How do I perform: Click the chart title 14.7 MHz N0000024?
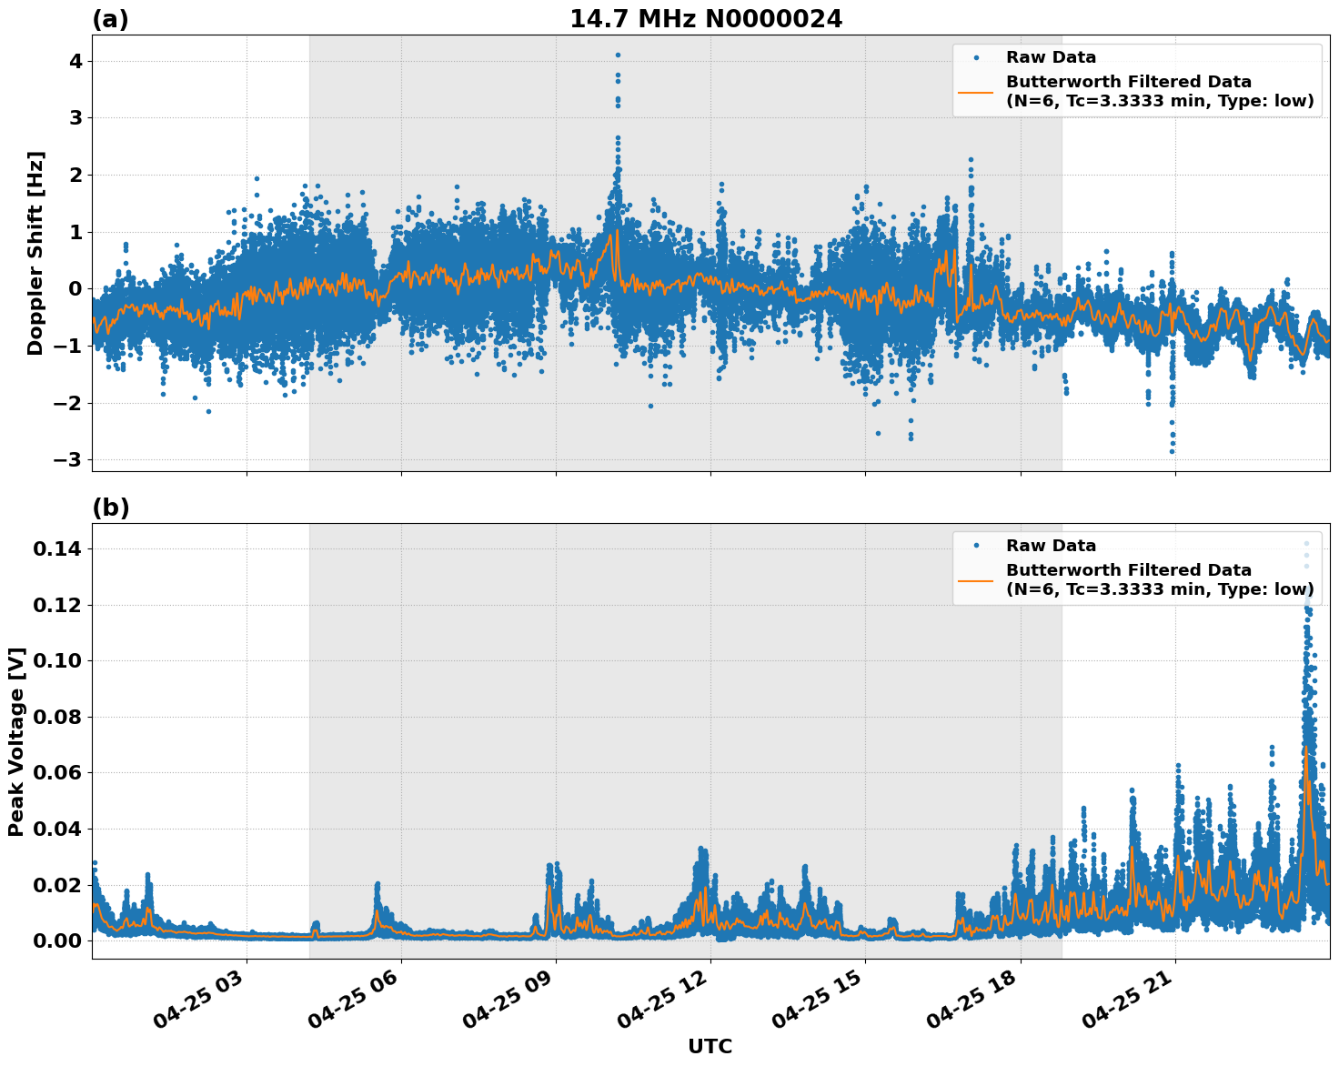coord(706,19)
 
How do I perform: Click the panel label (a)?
coord(110,19)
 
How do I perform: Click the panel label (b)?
coord(110,508)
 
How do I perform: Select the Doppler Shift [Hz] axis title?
coord(35,253)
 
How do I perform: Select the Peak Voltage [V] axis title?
coord(16,741)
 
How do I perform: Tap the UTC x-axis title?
coord(710,1046)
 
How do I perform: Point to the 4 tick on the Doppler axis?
coord(75,61)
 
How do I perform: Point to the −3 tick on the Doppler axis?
coord(68,460)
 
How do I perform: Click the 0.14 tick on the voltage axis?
coord(57,549)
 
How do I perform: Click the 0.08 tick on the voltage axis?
coord(57,717)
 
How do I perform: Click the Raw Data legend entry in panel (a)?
coord(1051,57)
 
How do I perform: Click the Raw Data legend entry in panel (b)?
coord(1051,546)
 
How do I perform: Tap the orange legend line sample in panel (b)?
coord(976,579)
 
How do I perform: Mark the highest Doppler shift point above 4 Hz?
coord(618,55)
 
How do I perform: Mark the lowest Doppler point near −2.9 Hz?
coord(1172,451)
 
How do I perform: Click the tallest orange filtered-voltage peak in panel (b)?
coord(1306,749)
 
